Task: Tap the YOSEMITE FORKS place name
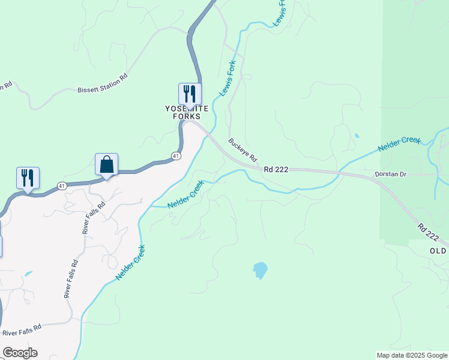(187, 112)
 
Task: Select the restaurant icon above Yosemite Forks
(190, 95)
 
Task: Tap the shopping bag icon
(106, 165)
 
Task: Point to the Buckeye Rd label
(243, 151)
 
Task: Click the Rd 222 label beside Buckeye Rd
(276, 170)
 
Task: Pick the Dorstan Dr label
(391, 175)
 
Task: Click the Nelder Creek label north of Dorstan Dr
(399, 144)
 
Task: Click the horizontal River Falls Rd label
(21, 330)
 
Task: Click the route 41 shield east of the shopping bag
(175, 156)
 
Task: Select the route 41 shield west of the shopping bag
(62, 186)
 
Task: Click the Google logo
(20, 353)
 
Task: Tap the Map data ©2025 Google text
(411, 355)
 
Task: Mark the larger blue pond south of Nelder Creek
(260, 270)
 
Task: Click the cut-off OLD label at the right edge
(438, 251)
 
